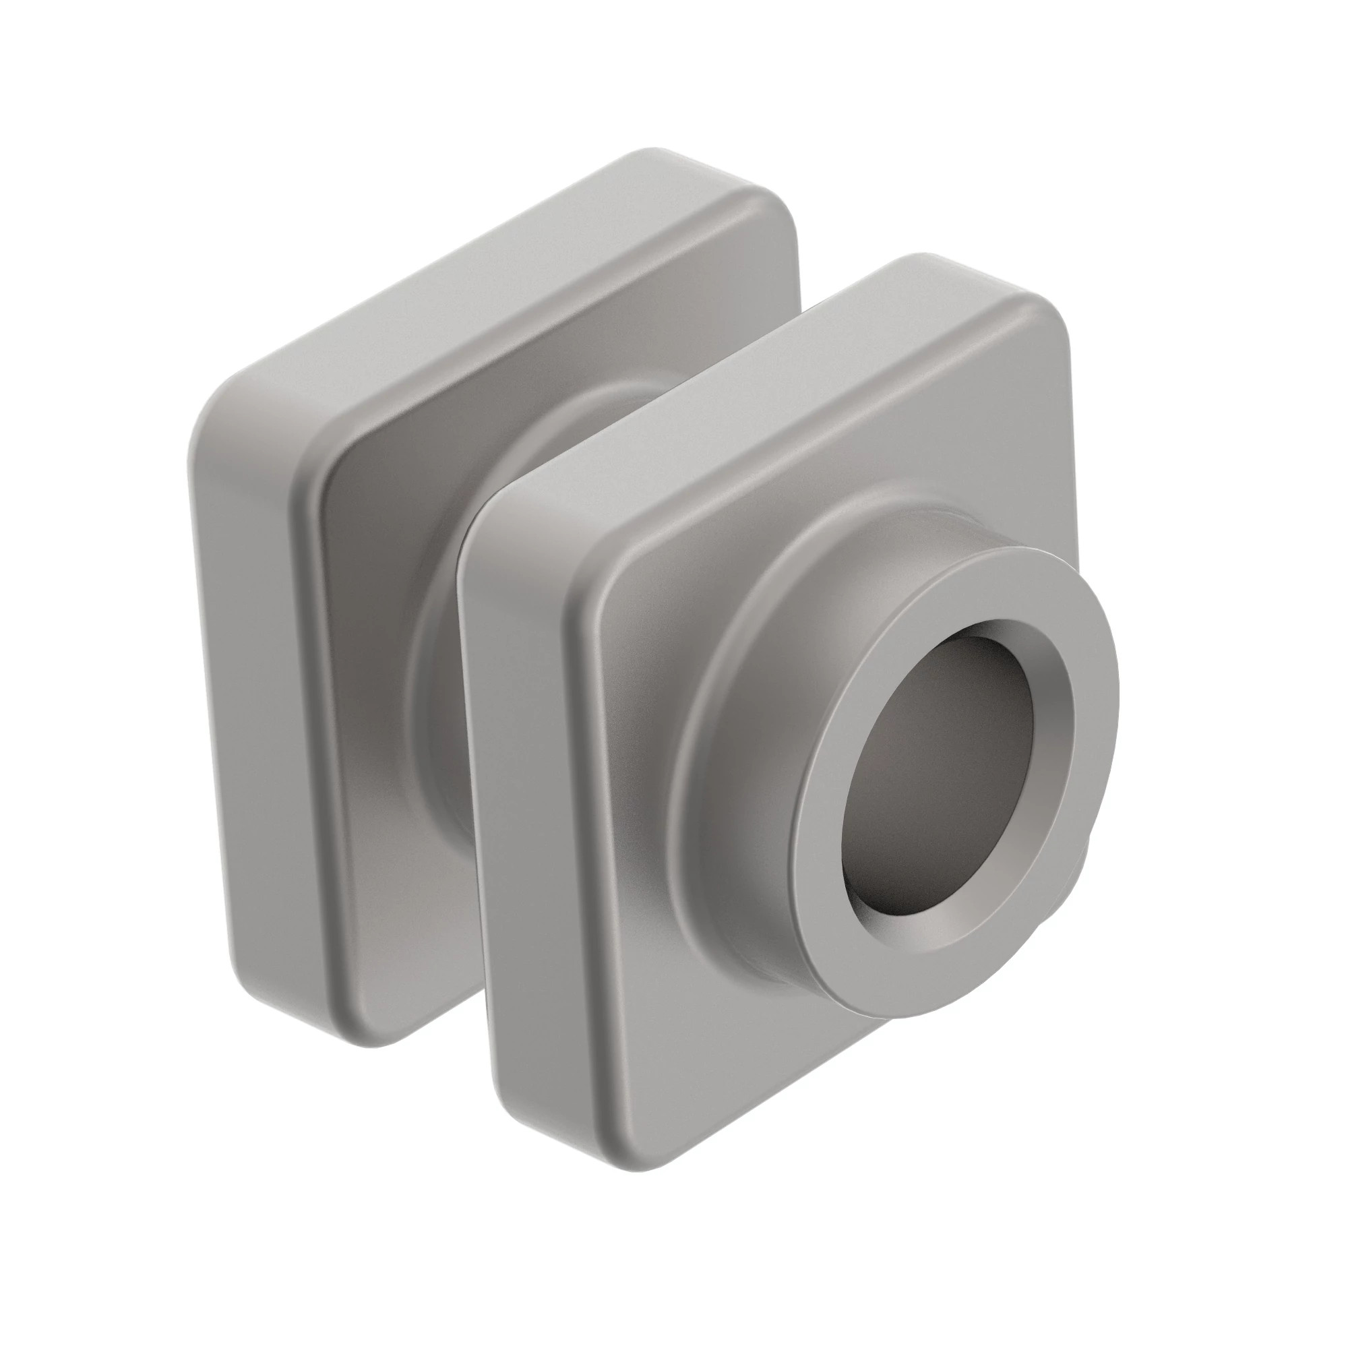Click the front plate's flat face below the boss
698,1012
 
